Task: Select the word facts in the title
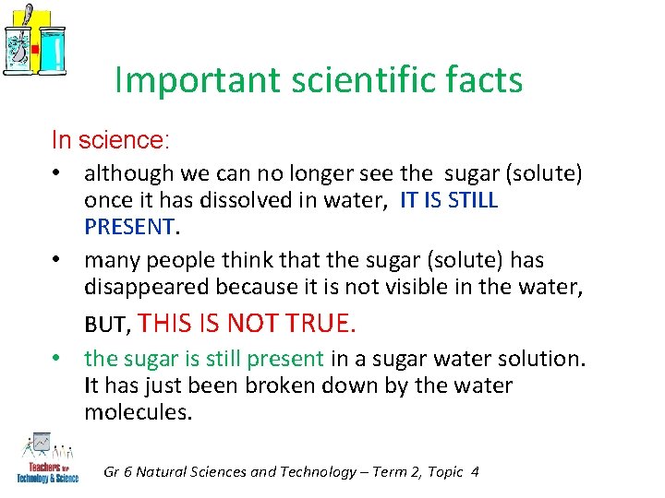point(486,81)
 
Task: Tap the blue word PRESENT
point(128,226)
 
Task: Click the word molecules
point(138,412)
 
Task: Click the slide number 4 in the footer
point(475,471)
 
